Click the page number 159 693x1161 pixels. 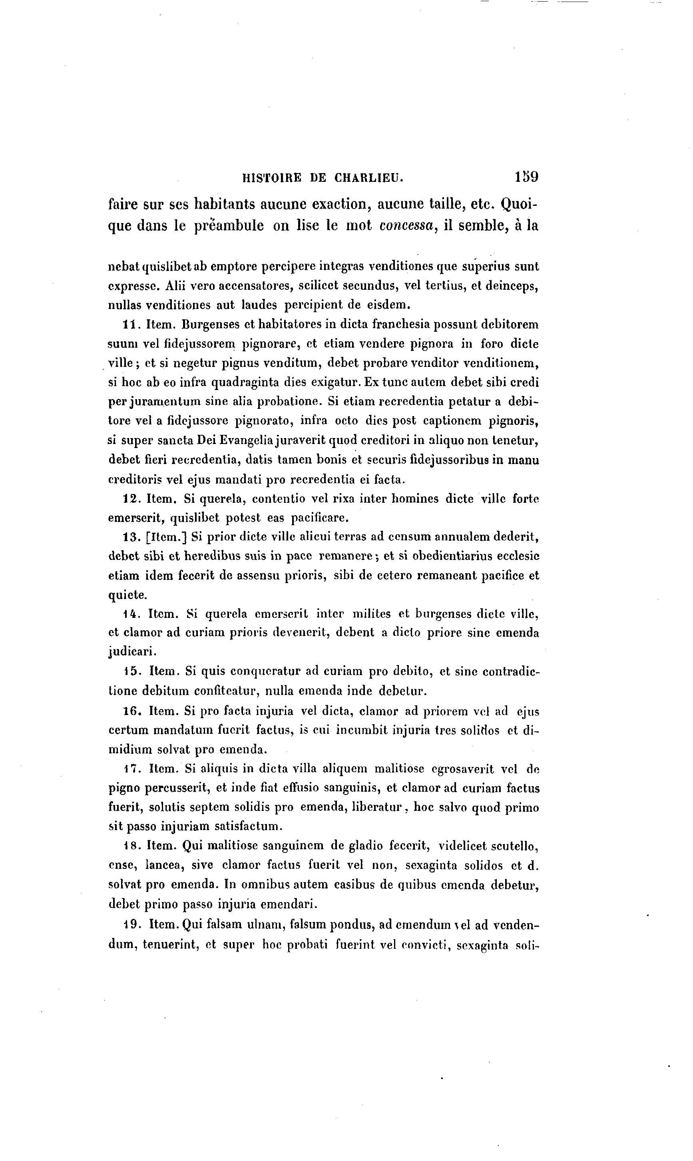pos(527,177)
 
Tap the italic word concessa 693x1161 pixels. pos(408,225)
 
